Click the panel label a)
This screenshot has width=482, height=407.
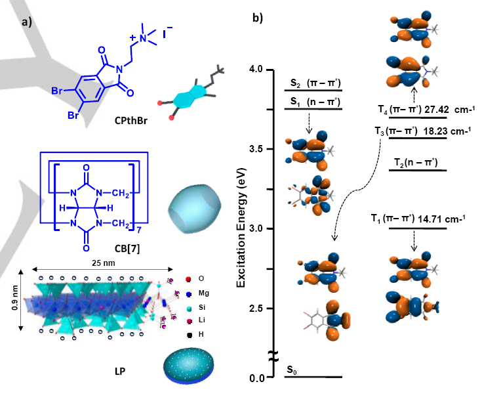click(x=27, y=22)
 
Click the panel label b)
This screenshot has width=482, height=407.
click(x=258, y=18)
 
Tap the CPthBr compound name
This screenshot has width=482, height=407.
click(x=131, y=121)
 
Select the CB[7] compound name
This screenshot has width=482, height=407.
click(x=127, y=248)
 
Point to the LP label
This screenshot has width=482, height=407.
click(x=120, y=372)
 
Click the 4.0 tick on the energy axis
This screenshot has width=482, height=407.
click(x=256, y=69)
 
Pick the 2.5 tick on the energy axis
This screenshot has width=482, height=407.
click(x=256, y=309)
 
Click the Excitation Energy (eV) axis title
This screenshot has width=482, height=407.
click(x=241, y=228)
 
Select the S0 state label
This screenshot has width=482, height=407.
click(x=292, y=370)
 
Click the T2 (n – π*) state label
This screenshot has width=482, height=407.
click(x=416, y=162)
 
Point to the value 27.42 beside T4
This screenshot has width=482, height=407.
click(x=437, y=110)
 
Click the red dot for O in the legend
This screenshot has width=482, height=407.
click(x=188, y=280)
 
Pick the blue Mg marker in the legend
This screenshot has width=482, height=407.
click(x=189, y=294)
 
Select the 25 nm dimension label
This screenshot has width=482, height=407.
click(x=104, y=263)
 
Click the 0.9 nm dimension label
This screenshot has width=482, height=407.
click(x=14, y=298)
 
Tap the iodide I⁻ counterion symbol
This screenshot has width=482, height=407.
click(x=167, y=32)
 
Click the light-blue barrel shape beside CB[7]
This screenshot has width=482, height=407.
click(x=195, y=209)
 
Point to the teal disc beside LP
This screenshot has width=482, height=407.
click(x=188, y=366)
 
